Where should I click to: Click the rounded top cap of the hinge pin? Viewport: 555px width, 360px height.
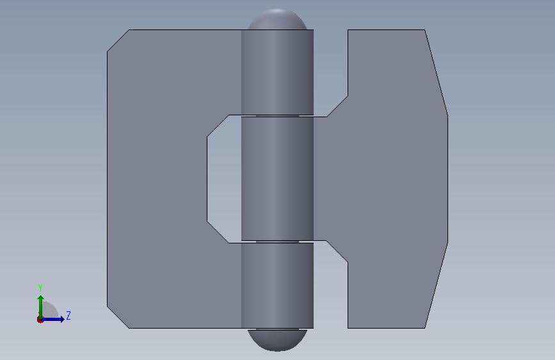point(278,19)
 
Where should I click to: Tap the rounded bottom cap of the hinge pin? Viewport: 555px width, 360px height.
point(278,340)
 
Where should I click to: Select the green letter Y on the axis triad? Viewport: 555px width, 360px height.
point(40,288)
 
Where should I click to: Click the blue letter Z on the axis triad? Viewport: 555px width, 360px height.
point(68,315)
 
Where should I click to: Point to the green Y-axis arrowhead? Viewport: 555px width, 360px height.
point(41,299)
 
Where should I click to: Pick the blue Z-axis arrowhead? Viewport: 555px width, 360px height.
point(62,319)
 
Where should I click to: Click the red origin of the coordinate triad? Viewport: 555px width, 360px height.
point(40,320)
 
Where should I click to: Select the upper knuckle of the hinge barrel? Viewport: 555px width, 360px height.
point(278,72)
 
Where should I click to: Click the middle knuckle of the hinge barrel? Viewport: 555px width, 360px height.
point(278,179)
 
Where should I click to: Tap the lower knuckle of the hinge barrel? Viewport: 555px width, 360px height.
point(278,286)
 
